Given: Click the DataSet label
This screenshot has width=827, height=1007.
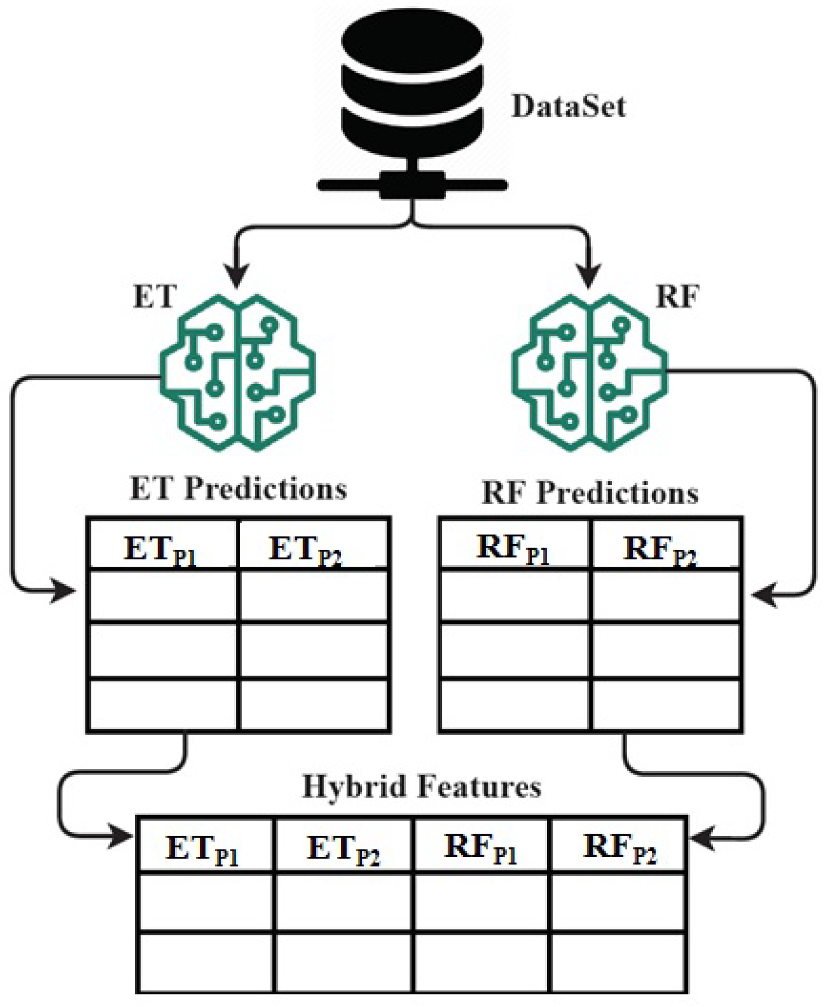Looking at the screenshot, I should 568,107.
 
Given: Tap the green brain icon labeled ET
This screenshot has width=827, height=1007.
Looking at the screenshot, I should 238,373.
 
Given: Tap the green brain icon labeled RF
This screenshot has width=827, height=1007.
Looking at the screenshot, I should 589,373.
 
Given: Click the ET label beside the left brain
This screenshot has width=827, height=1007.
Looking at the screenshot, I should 155,296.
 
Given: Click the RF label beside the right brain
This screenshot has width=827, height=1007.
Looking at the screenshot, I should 677,296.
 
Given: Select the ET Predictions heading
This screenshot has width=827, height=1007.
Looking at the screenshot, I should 238,489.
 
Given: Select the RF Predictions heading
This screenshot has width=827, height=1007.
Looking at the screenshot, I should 590,493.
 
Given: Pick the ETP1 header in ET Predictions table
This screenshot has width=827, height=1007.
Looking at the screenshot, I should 161,549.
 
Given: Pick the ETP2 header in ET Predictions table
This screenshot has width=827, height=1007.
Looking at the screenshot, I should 306,549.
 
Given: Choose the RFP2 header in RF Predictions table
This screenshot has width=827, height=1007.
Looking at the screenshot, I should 660,549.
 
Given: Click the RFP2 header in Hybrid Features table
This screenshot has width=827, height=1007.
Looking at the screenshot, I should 619,848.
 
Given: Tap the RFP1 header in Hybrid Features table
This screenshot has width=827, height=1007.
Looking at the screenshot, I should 481,848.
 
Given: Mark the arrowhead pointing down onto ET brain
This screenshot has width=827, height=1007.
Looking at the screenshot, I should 237,277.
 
